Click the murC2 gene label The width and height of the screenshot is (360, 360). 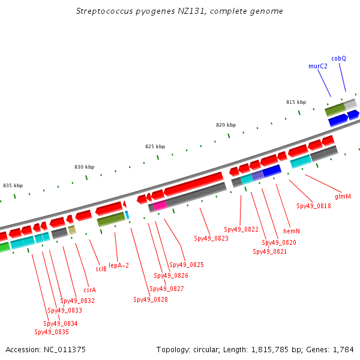(318, 67)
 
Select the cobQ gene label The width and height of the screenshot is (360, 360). (338, 59)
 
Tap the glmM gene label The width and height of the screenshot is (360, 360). (343, 197)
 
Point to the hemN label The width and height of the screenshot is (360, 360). (292, 231)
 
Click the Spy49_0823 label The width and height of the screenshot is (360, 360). (211, 238)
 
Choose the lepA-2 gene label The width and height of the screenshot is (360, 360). (119, 265)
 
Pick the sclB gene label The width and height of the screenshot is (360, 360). (101, 269)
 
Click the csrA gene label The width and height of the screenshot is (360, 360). (90, 290)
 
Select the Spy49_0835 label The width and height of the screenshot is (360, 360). (52, 332)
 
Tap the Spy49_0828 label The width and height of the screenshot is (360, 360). (151, 299)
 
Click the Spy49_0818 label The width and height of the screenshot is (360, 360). (314, 206)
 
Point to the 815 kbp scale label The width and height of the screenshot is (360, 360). (296, 102)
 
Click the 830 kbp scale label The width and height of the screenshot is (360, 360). (84, 167)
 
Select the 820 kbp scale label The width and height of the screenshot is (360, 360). (226, 125)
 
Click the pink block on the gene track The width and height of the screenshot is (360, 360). (160, 205)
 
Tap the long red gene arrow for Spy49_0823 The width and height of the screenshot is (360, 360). (193, 184)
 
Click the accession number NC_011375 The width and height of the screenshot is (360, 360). (65, 350)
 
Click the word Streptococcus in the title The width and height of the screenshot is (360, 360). (104, 11)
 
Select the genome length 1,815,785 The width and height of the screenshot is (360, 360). (270, 350)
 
